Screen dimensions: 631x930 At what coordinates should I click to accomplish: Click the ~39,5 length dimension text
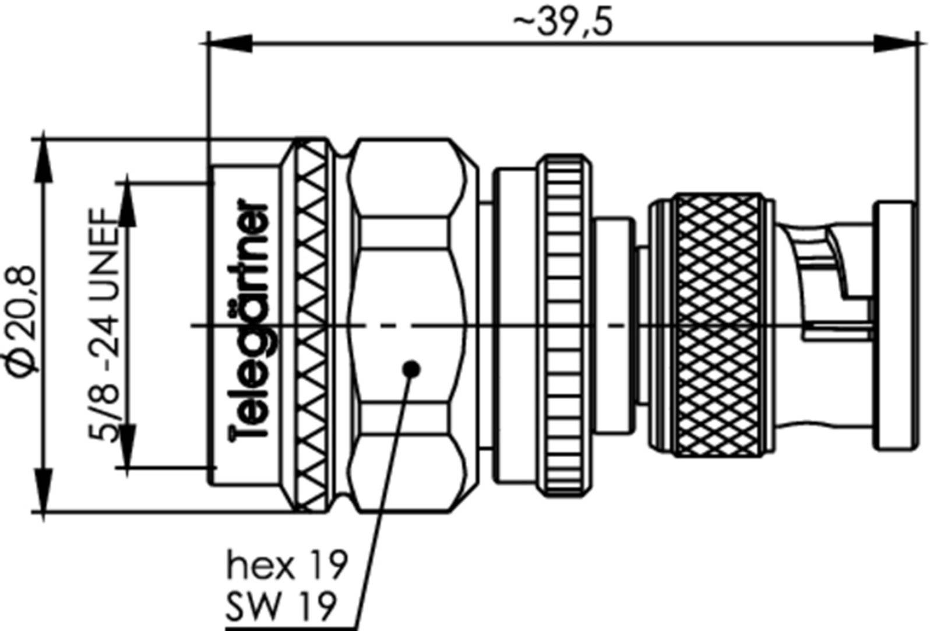563,23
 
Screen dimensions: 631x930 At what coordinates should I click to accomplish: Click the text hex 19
287,566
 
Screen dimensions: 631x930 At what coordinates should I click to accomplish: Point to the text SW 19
281,607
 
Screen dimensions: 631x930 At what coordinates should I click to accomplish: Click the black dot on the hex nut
411,369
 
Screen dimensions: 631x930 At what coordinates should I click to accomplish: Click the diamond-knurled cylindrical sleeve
718,325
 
